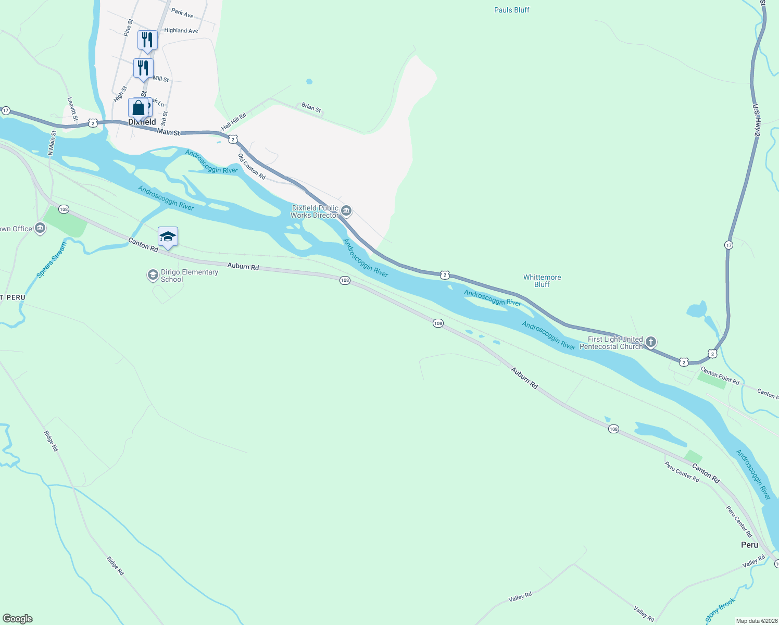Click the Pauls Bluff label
tap(511, 10)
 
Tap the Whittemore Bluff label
tap(542, 281)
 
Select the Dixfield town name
tap(142, 122)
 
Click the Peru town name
tap(749, 545)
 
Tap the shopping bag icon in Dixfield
tap(138, 108)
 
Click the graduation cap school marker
tap(168, 237)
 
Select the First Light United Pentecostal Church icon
tap(650, 342)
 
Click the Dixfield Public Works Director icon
tap(347, 211)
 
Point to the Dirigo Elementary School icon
tap(153, 274)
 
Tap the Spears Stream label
tap(52, 259)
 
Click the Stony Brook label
tap(720, 610)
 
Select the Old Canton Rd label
tap(252, 167)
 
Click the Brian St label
tap(311, 107)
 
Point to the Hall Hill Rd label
tap(233, 122)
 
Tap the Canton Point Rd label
tap(720, 376)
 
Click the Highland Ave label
tap(181, 31)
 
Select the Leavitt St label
tap(72, 109)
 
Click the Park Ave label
tap(182, 13)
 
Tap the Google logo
tap(18, 619)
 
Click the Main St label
tap(168, 132)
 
